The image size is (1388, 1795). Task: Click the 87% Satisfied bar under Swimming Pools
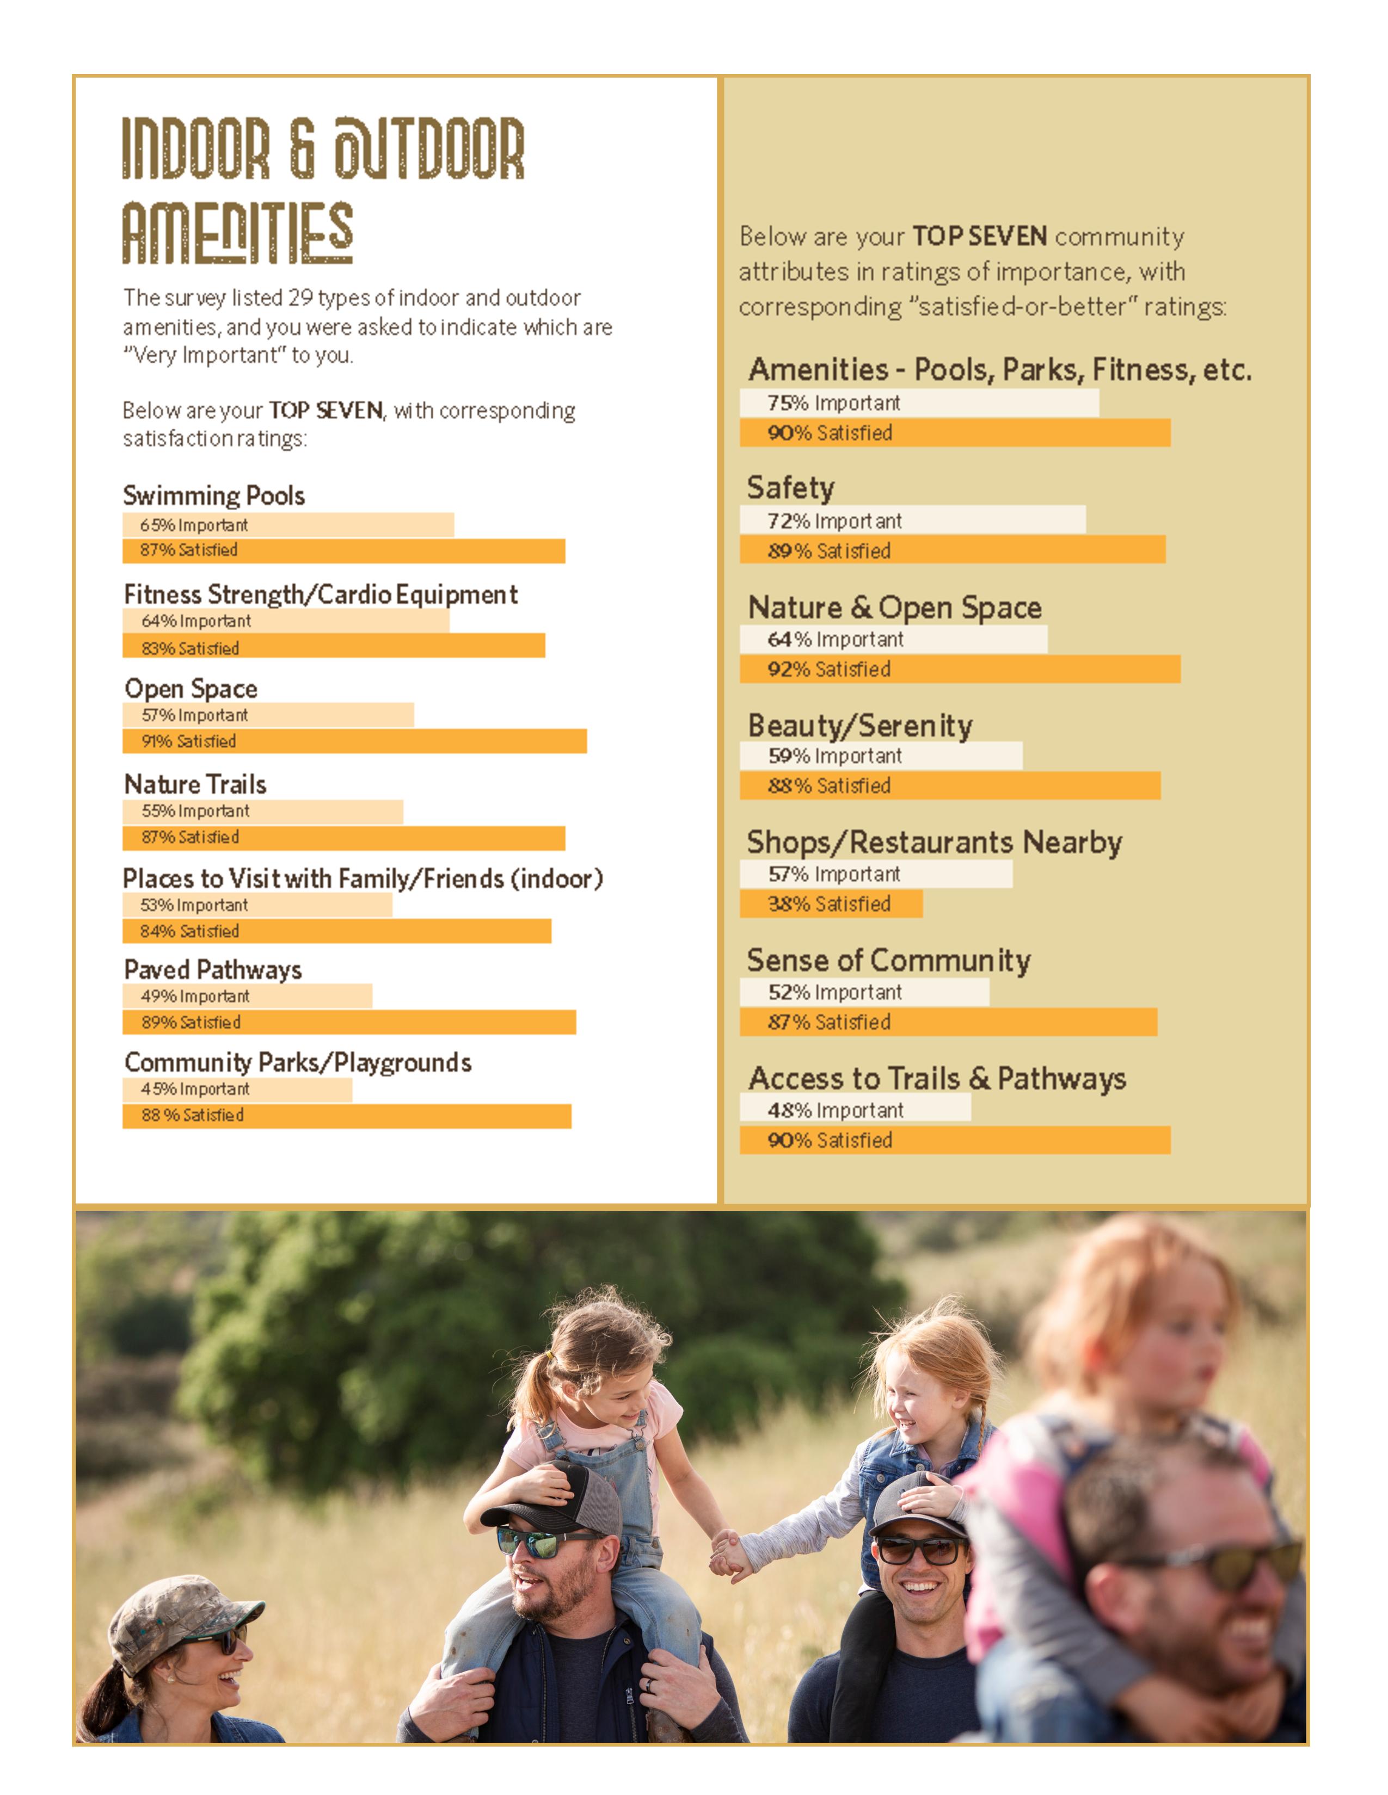(x=343, y=550)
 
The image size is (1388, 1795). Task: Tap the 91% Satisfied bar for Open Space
(x=354, y=741)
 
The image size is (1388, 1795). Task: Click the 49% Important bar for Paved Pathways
(x=247, y=996)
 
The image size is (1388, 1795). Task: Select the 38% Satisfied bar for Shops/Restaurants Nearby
(x=831, y=904)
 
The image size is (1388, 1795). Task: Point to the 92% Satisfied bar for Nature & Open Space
(x=960, y=669)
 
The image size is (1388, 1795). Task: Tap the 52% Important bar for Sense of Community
(x=864, y=992)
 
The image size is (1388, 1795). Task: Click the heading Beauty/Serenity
(x=860, y=726)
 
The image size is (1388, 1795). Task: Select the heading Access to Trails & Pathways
(x=937, y=1078)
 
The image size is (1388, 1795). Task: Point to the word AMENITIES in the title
(x=238, y=233)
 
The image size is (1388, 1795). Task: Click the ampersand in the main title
(x=302, y=148)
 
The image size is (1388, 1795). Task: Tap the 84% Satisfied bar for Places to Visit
(x=336, y=931)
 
